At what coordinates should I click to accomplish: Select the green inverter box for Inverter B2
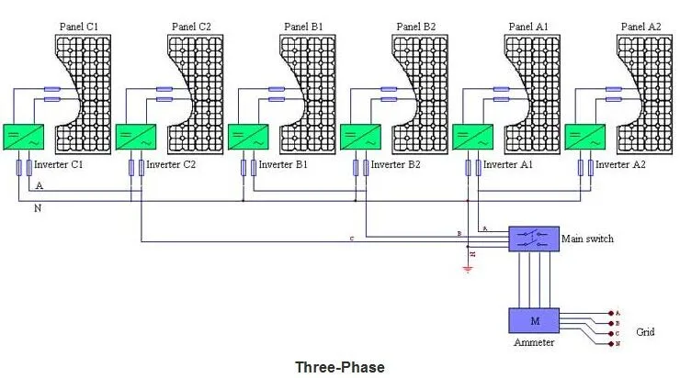pos(357,138)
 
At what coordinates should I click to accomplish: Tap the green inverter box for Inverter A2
pos(583,138)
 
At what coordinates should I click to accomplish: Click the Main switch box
pos(534,239)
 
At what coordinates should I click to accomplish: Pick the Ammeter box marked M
pos(533,320)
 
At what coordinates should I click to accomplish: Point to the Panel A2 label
pos(640,27)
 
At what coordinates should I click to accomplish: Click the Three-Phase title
pos(339,366)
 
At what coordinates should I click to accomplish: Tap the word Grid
pos(645,331)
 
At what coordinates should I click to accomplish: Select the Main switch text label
pos(587,239)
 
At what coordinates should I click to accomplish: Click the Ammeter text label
pos(532,343)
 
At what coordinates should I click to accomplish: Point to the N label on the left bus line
pos(37,209)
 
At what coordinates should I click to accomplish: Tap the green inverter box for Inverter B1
pos(245,138)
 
